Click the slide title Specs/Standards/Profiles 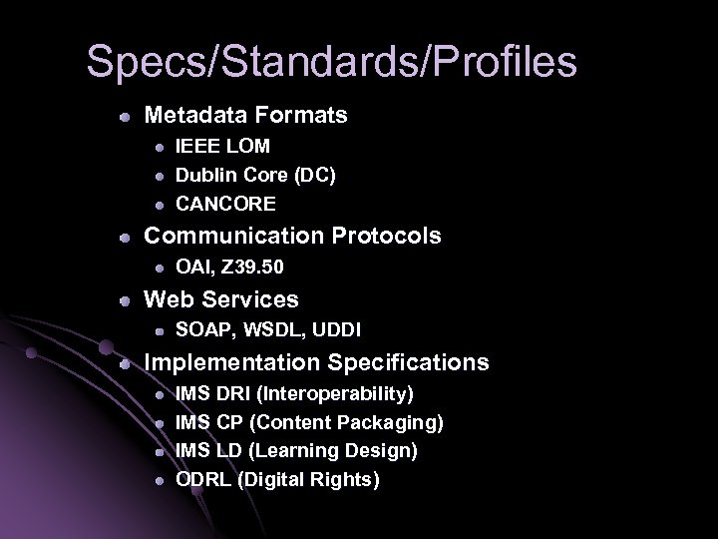click(331, 61)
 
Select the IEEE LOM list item click(222, 146)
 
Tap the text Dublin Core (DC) click(255, 175)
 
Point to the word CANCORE click(225, 204)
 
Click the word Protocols click(384, 236)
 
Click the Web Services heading click(221, 298)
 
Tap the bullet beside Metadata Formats click(122, 116)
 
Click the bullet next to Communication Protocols click(122, 237)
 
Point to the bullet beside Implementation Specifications click(122, 362)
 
